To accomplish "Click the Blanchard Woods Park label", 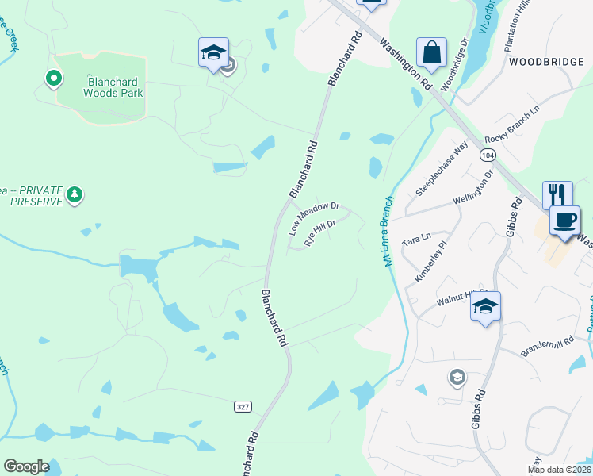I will tap(114, 86).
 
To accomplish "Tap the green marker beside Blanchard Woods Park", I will tap(53, 77).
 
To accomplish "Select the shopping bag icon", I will tap(431, 53).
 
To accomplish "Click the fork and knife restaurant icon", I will tap(557, 194).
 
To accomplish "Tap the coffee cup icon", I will tap(564, 220).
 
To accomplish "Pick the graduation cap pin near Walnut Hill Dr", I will tap(485, 307).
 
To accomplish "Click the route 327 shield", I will tap(243, 406).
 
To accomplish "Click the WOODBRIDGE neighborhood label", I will tap(539, 61).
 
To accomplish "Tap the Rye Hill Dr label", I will tap(321, 231).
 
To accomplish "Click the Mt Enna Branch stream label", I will tap(389, 231).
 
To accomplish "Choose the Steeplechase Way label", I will tap(442, 169).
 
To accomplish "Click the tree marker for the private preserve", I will tap(74, 194).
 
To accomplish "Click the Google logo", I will tap(26, 466).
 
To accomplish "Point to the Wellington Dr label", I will tap(474, 188).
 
